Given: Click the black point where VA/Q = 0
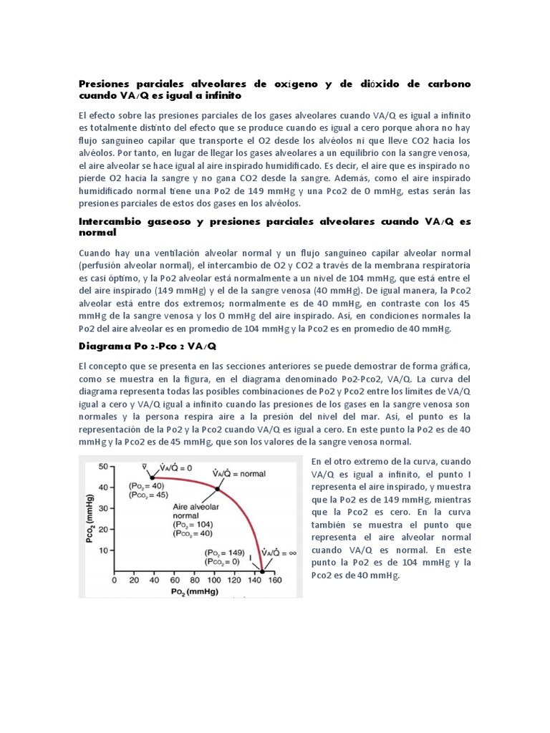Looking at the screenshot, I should coord(151,477).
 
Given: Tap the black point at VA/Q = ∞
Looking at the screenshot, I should coord(262,571).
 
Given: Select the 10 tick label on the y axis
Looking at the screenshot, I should coord(101,550).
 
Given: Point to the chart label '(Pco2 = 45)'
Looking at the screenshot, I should coord(148,495).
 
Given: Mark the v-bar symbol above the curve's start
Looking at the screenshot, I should coord(145,466).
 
